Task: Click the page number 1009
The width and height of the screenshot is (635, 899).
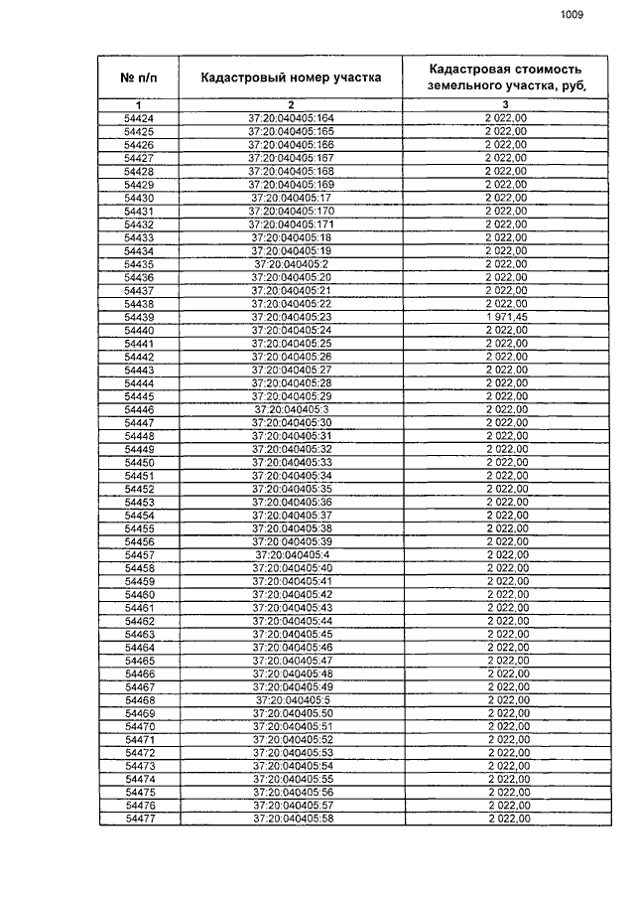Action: point(571,15)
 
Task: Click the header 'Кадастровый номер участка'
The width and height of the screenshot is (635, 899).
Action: point(291,77)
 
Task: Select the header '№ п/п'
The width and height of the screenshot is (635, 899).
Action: point(139,77)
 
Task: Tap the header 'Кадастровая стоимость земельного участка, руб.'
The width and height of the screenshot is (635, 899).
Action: point(505,77)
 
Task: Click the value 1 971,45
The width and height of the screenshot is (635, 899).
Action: point(505,317)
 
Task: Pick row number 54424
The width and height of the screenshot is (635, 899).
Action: point(139,118)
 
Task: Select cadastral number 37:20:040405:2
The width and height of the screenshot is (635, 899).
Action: point(291,264)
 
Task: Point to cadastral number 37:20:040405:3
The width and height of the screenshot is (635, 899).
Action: point(291,409)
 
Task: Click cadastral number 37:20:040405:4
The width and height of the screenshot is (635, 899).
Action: point(291,554)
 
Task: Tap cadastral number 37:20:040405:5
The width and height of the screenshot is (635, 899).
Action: point(291,700)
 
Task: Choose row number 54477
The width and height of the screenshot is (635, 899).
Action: point(139,819)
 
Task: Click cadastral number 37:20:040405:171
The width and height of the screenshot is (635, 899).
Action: point(291,225)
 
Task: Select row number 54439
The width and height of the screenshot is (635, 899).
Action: point(139,317)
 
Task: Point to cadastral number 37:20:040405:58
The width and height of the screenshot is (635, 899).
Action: point(291,819)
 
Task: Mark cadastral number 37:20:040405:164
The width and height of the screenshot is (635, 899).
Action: point(291,118)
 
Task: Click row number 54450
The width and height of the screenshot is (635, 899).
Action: point(139,462)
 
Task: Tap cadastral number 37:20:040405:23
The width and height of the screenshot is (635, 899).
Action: point(291,317)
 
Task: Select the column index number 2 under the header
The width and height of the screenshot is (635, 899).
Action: point(291,104)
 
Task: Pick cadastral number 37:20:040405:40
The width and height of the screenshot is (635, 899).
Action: point(291,568)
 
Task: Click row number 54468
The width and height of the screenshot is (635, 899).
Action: point(139,700)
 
